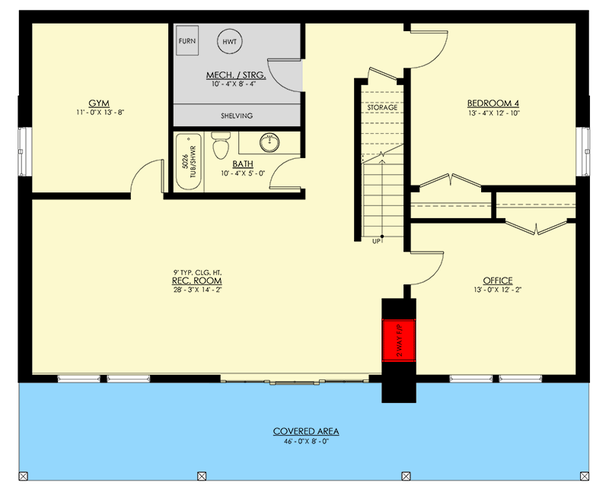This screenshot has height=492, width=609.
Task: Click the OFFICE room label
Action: coord(497,280)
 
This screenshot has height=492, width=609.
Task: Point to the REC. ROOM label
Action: coord(196,281)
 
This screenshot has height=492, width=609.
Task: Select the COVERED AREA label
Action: coord(306,431)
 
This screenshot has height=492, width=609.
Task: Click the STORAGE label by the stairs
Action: coord(382,108)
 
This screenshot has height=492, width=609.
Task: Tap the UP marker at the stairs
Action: coord(376,241)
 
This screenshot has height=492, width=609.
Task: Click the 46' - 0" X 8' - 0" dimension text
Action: coord(306,441)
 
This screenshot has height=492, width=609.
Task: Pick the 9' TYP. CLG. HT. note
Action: coord(196,271)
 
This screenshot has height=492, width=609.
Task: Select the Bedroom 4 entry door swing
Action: coord(428,47)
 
